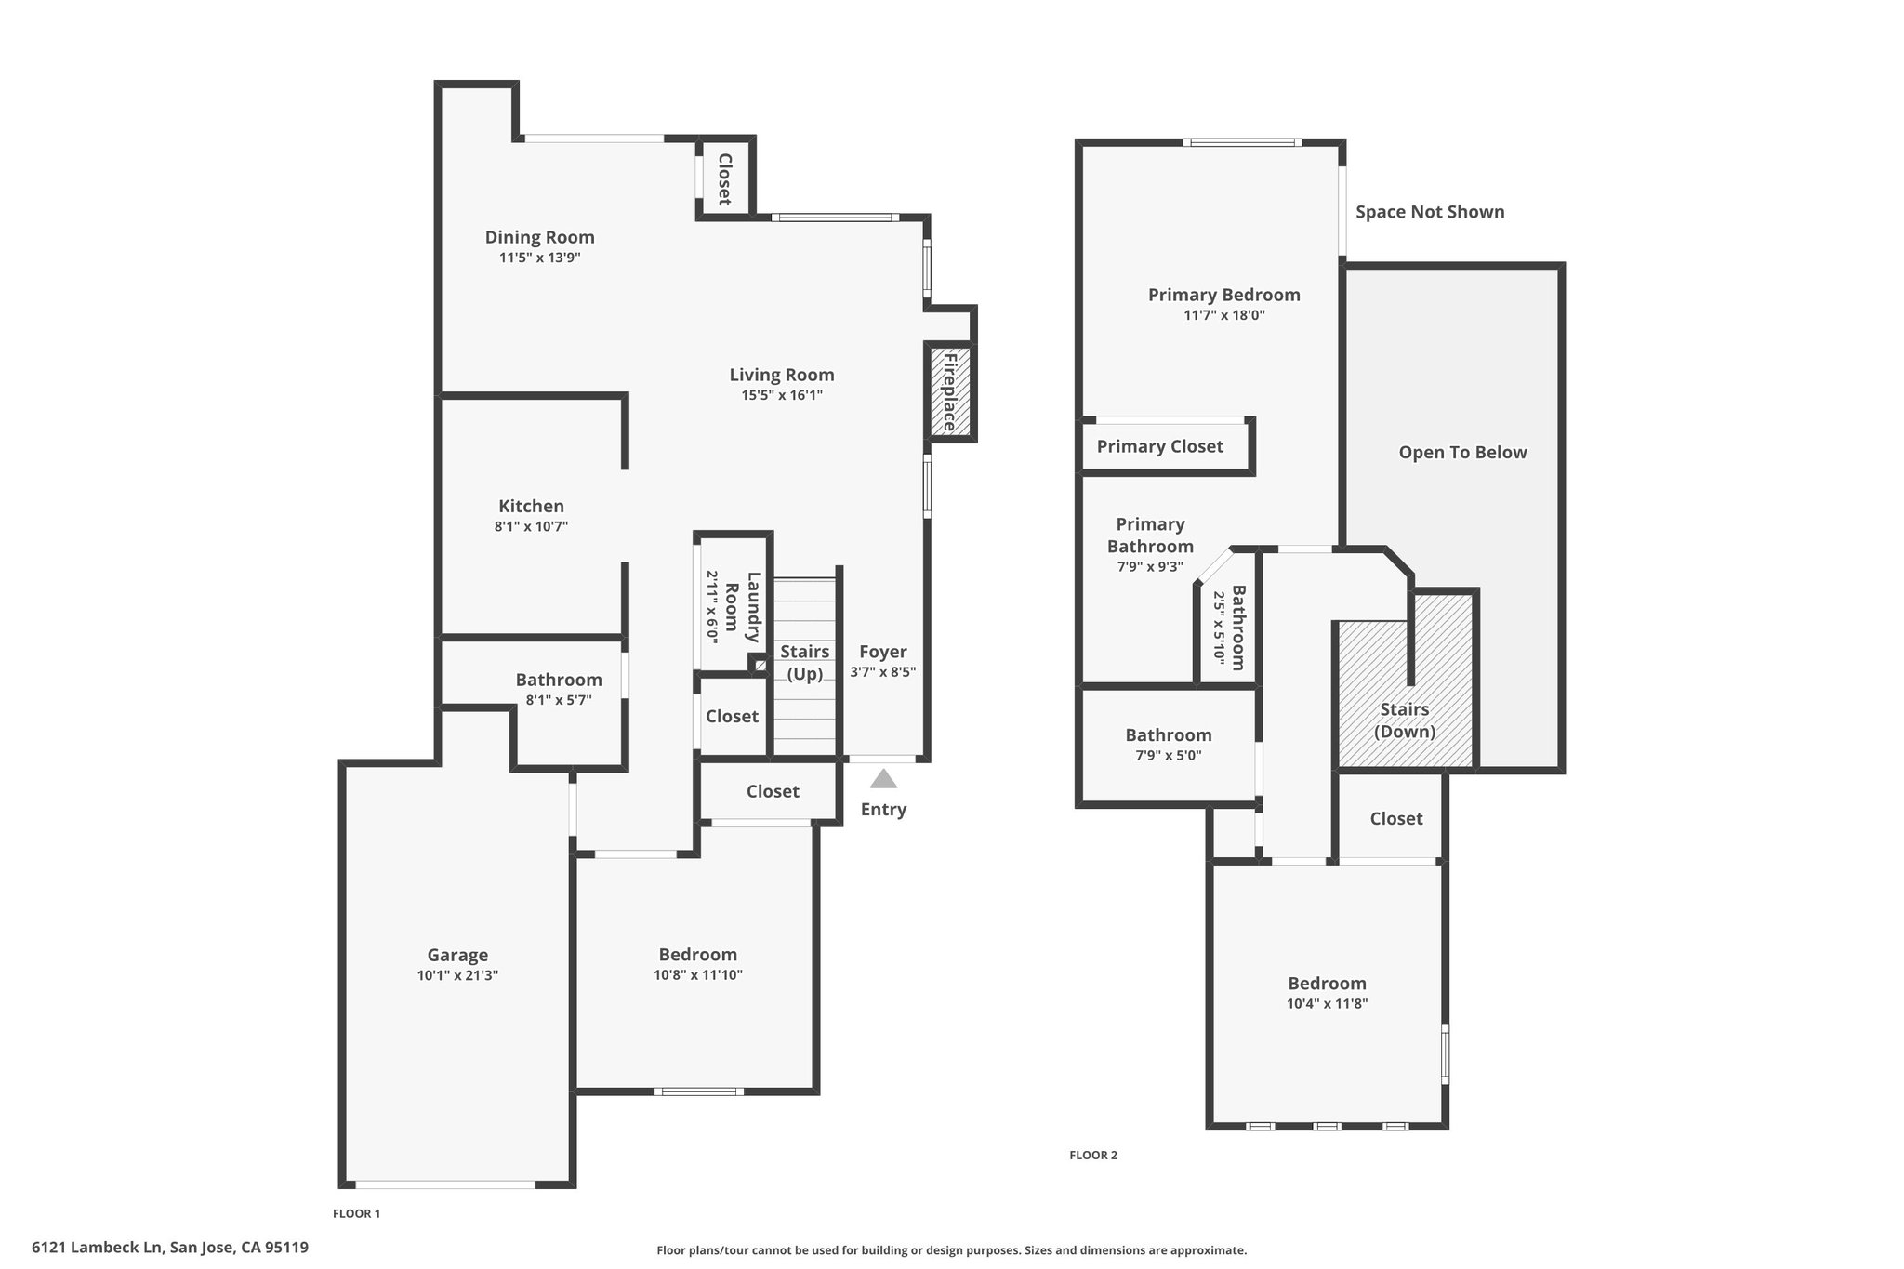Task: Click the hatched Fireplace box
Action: [x=950, y=391]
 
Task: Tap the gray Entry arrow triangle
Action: [x=883, y=778]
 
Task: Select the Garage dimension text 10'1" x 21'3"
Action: [x=457, y=975]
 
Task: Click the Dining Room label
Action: [x=539, y=237]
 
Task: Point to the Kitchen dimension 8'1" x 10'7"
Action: [x=531, y=526]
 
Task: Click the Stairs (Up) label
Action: [x=805, y=663]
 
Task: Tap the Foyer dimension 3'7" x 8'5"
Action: [x=883, y=672]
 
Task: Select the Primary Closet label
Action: [x=1159, y=446]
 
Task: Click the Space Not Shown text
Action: [x=1430, y=212]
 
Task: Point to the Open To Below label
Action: [x=1462, y=453]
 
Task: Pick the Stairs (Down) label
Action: [x=1404, y=720]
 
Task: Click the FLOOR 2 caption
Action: [x=1093, y=1156]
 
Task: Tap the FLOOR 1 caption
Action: [x=357, y=1213]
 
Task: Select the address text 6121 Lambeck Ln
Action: [x=98, y=1248]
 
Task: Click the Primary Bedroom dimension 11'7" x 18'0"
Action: [x=1223, y=315]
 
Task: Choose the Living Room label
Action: [x=781, y=375]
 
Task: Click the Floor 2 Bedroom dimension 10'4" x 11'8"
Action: [x=1327, y=1004]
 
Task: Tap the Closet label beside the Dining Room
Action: [x=724, y=179]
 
